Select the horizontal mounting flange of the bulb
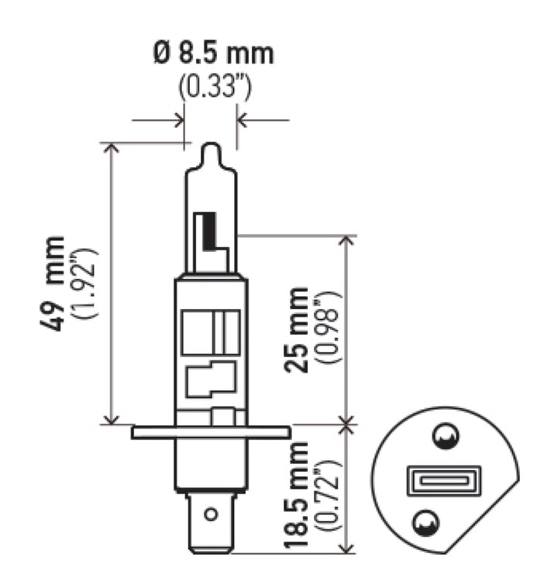[x=211, y=432]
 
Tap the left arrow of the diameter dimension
[x=177, y=120]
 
